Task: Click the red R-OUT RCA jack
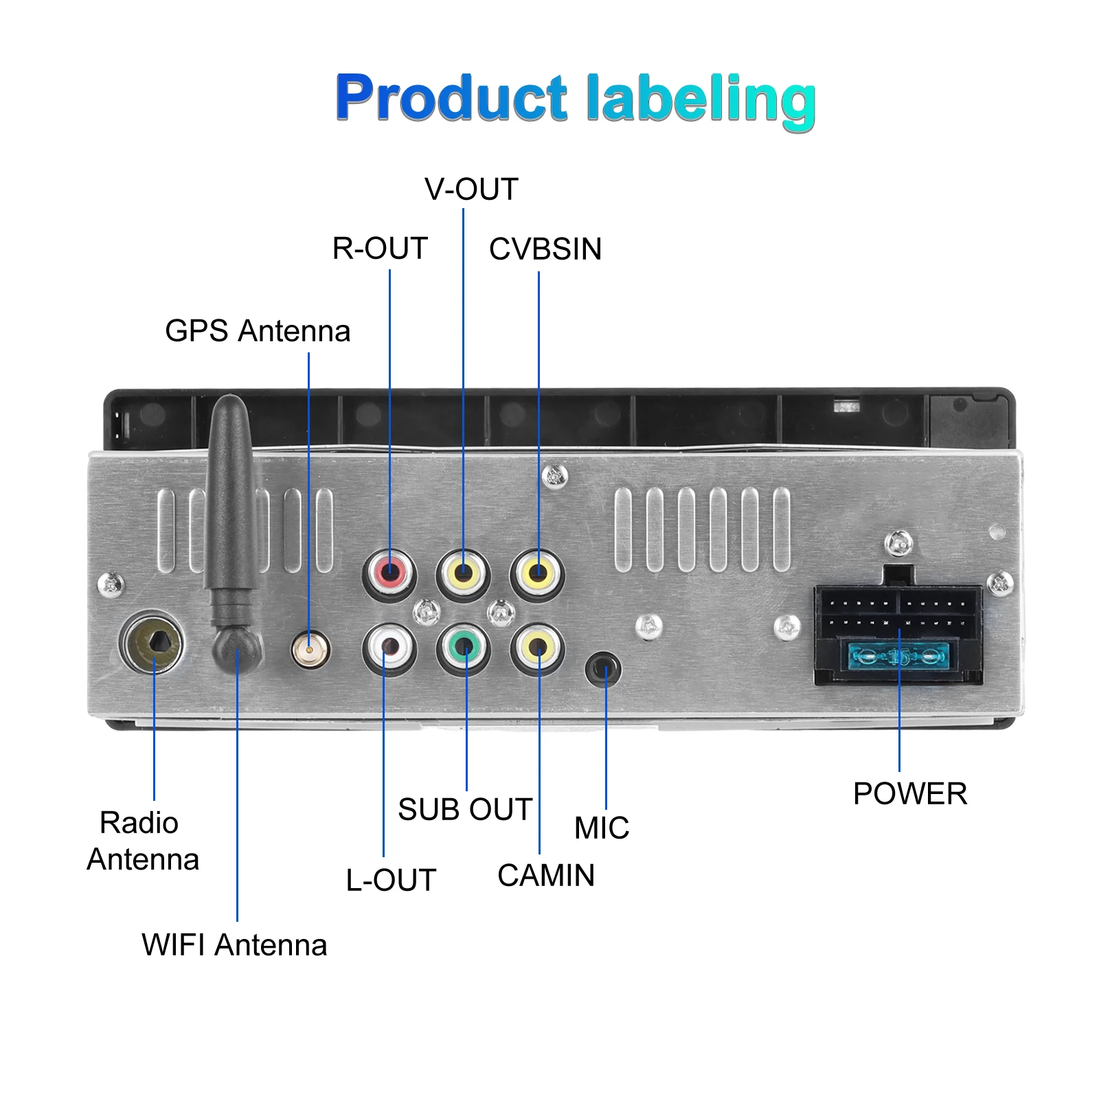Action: point(389,570)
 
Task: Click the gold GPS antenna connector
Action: point(310,649)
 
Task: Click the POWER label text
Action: point(910,794)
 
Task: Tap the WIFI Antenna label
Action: point(234,945)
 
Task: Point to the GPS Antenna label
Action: point(258,331)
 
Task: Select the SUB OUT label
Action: point(465,810)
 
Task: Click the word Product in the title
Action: point(451,98)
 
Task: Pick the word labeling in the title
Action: point(701,100)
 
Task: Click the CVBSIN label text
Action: point(545,249)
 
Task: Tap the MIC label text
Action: point(602,828)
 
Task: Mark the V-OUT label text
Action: point(471,190)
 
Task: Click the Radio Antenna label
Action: point(143,841)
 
